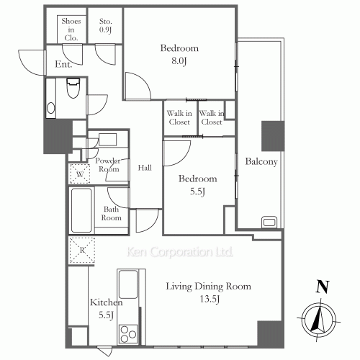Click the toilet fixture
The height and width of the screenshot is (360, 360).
[73, 88]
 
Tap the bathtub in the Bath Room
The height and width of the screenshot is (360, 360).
[81, 210]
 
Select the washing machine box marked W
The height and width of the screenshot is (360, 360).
[80, 174]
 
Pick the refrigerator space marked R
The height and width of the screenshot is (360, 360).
[82, 251]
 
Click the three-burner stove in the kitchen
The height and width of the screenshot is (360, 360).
[128, 334]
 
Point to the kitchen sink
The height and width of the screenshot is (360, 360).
[128, 284]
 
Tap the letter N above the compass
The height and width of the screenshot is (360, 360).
[322, 287]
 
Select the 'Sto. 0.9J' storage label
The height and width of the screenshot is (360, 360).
[106, 25]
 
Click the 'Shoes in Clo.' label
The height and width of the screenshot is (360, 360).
[71, 30]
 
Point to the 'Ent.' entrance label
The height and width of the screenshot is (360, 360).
[63, 64]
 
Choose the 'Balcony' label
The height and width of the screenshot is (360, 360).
[261, 161]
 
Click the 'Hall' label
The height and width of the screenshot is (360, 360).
[145, 168]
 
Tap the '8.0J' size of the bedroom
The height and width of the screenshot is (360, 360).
[179, 60]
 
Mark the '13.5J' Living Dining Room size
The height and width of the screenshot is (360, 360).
[210, 299]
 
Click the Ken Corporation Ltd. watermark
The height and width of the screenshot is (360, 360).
[179, 252]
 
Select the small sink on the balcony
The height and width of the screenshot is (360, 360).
[269, 222]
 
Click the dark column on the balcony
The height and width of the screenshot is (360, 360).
[273, 136]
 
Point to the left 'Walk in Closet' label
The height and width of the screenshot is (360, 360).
[179, 117]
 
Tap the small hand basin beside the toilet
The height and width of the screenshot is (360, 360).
[50, 108]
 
